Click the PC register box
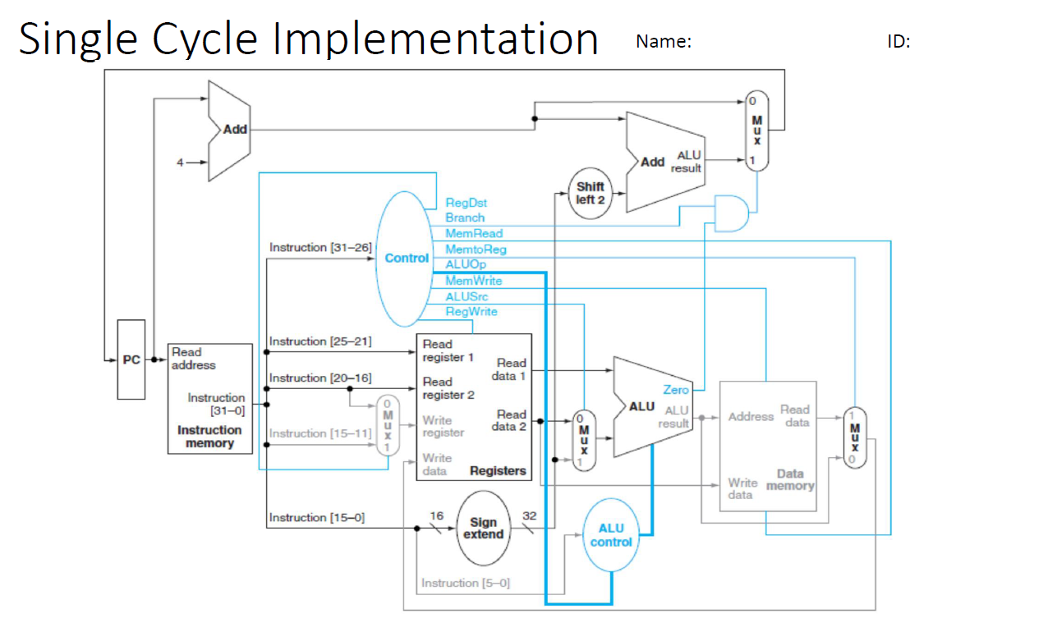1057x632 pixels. (131, 360)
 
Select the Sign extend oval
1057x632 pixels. (483, 528)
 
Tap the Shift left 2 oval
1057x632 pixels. (590, 194)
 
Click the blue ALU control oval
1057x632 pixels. (611, 535)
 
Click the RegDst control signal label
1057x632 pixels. (466, 202)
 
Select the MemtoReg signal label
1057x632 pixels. (476, 249)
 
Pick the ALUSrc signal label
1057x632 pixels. (466, 296)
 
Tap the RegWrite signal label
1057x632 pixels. (471, 312)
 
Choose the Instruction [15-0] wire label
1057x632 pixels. (316, 518)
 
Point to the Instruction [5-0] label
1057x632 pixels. (465, 583)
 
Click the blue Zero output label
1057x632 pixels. (675, 390)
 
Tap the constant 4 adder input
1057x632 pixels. (179, 162)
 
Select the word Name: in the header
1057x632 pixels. (663, 42)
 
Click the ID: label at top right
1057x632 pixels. (898, 42)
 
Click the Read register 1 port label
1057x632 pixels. (448, 350)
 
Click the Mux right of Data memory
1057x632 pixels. (854, 437)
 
